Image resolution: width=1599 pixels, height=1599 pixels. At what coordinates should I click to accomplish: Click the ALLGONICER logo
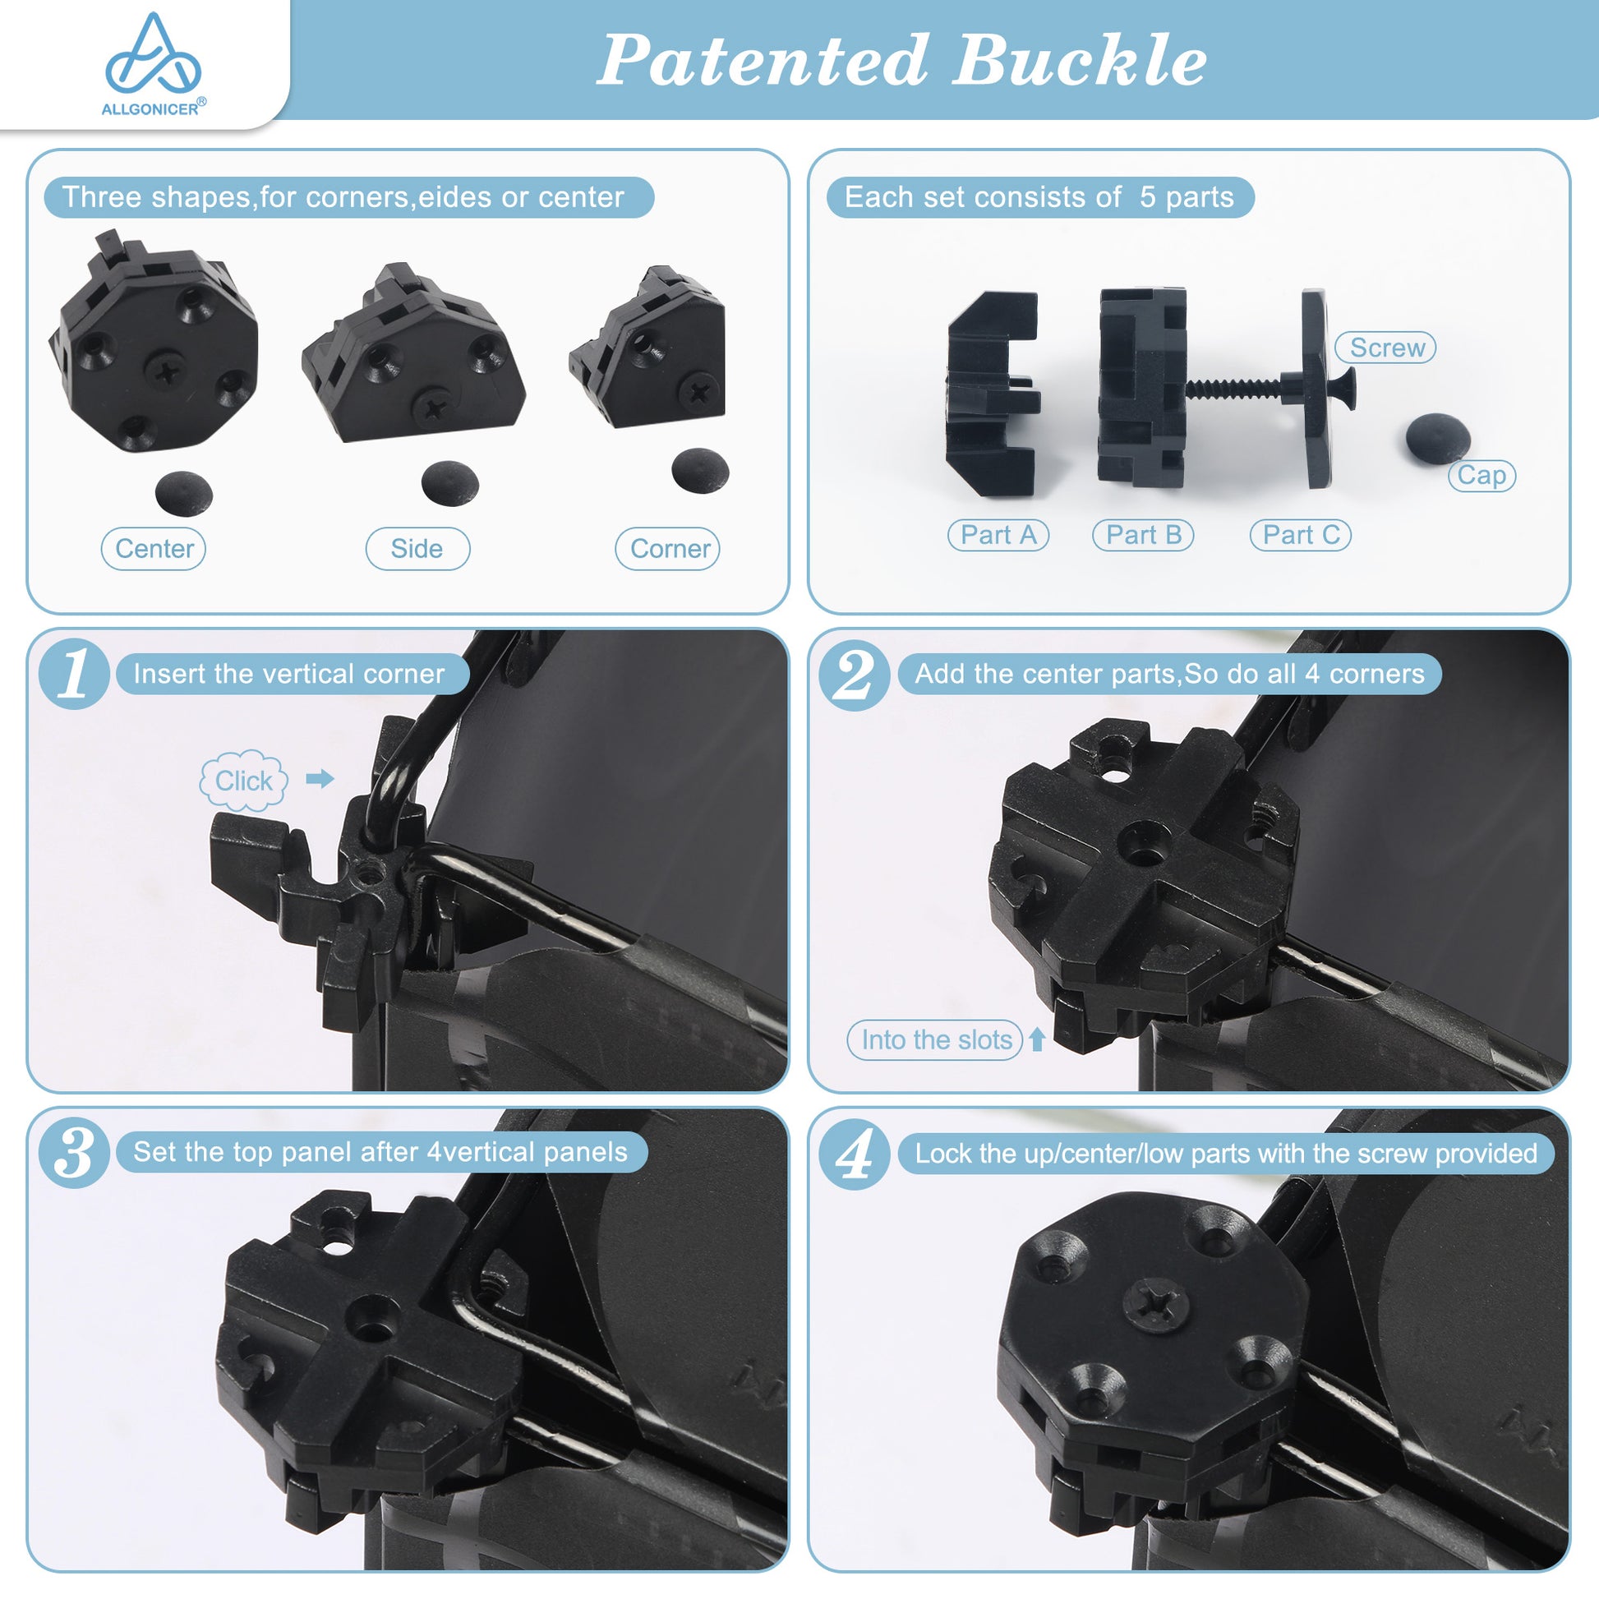click(x=153, y=65)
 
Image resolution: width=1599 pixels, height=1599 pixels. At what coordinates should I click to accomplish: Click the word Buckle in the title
click(x=1079, y=60)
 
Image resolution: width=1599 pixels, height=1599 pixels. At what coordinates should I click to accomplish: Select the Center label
click(x=153, y=549)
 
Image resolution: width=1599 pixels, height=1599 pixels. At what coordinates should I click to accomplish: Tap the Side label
click(x=417, y=549)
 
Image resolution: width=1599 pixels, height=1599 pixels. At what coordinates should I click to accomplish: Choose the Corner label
click(x=668, y=549)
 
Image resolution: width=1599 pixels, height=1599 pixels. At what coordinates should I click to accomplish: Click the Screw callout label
click(x=1385, y=348)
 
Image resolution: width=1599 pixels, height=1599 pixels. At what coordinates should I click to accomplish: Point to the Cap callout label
click(x=1481, y=476)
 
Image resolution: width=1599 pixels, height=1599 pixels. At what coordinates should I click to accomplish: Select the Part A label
click(x=998, y=535)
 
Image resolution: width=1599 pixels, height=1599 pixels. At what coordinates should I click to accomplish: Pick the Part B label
click(x=1143, y=535)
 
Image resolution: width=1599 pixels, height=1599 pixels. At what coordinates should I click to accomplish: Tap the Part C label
click(x=1300, y=535)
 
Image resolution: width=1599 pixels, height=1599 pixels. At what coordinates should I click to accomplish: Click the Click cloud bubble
click(x=243, y=781)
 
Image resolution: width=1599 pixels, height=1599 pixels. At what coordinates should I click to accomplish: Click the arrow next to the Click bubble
click(x=320, y=779)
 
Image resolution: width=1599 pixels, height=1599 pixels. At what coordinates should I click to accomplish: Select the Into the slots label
click(x=935, y=1039)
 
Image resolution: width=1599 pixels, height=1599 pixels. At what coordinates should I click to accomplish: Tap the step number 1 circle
click(x=74, y=674)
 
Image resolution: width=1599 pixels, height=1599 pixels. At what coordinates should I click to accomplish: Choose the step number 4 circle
click(x=854, y=1153)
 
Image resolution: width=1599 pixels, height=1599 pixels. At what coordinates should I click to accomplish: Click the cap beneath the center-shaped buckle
click(x=184, y=494)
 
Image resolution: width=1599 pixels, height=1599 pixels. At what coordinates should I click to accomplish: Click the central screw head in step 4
click(x=1156, y=1306)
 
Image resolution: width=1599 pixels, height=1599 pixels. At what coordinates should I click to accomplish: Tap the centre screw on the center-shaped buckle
click(x=168, y=371)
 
